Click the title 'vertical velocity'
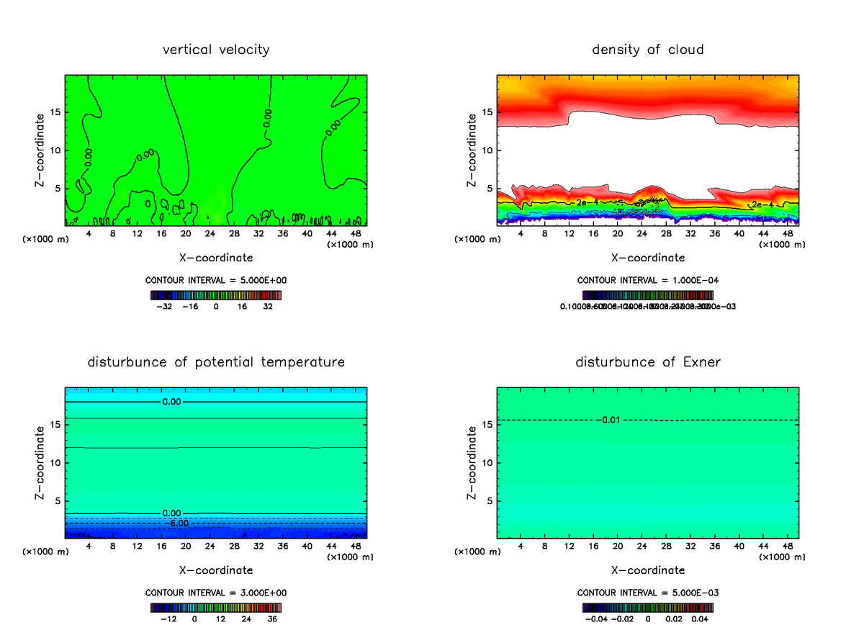point(216,50)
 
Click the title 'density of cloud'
point(648,50)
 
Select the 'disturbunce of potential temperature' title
point(216,362)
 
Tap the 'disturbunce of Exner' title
point(648,362)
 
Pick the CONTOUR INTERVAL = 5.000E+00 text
point(216,280)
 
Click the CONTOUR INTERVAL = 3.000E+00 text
point(216,593)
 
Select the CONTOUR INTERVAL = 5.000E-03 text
point(648,593)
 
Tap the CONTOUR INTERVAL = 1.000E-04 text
point(648,280)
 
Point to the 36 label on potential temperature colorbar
point(273,619)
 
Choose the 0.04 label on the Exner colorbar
point(701,619)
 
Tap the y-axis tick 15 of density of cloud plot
point(487,112)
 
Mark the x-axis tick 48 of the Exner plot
point(786,546)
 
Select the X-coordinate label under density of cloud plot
point(648,257)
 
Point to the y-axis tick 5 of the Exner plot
point(490,501)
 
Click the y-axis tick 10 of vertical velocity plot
point(55,150)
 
